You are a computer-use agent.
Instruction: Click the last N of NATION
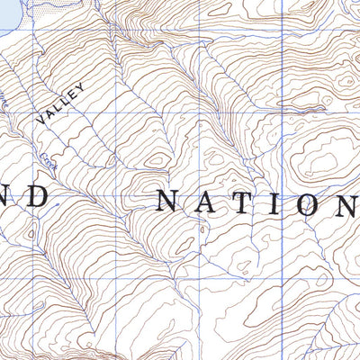tap(342, 206)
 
